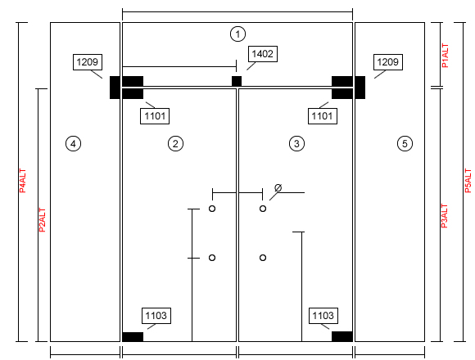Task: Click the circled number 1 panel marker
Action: pos(237,34)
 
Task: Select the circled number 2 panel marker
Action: pos(175,143)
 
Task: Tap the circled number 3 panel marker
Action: pos(296,143)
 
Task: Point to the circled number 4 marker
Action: pos(73,143)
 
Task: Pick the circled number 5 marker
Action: pos(405,143)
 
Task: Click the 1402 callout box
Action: pos(263,54)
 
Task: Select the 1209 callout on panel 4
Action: pos(88,62)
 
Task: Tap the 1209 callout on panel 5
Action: pos(388,62)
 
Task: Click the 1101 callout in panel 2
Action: pos(155,116)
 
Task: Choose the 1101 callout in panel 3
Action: pos(323,116)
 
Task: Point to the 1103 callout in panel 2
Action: pos(156,316)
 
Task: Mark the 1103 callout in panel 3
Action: pos(323,316)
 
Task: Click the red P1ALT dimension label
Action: pos(445,56)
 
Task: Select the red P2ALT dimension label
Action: pos(42,220)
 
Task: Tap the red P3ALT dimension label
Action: pos(444,216)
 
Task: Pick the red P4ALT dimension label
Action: pos(22,181)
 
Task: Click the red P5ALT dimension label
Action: pos(468,181)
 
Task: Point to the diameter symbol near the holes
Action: pos(278,187)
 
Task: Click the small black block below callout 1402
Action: pos(237,81)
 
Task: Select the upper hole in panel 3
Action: pos(263,209)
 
